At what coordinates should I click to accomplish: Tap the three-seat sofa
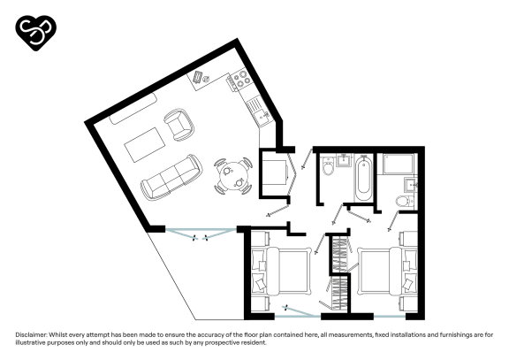click(x=171, y=176)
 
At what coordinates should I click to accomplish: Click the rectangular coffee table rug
click(x=145, y=143)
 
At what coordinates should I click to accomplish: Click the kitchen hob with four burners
click(x=237, y=82)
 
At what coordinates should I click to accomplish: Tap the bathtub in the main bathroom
click(x=362, y=177)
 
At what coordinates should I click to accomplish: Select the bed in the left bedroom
click(x=281, y=272)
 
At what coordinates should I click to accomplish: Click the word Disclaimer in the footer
click(x=32, y=335)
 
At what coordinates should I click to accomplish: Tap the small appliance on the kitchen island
click(x=201, y=78)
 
